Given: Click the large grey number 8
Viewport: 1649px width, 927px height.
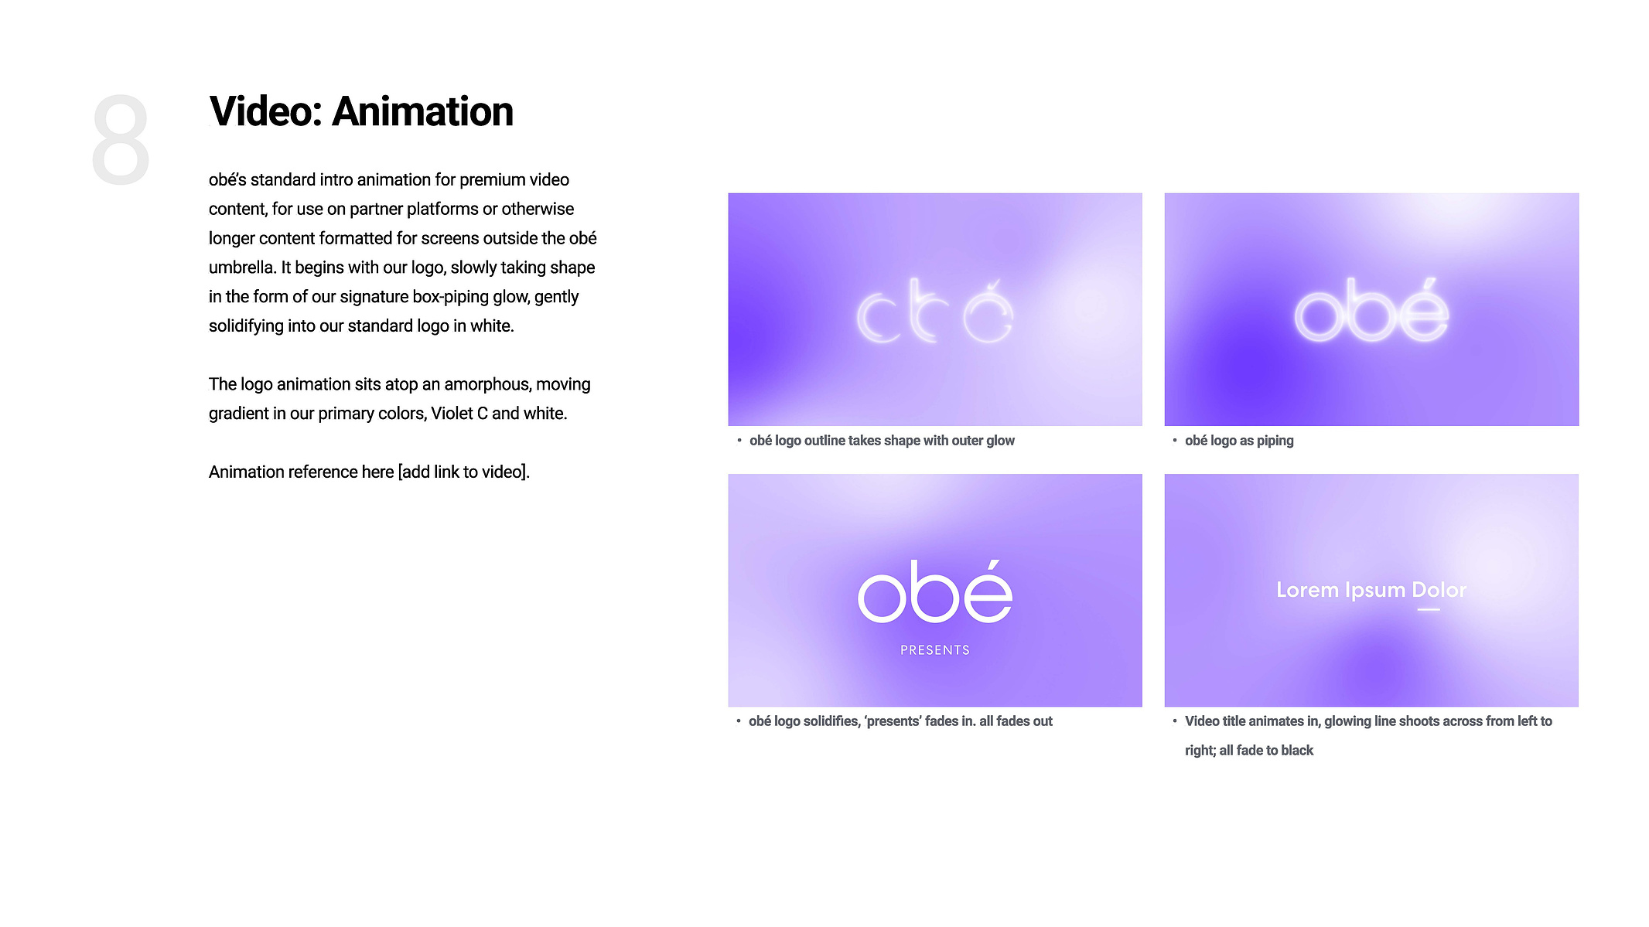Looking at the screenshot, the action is point(120,140).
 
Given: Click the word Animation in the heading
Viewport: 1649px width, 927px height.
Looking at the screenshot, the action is point(422,111).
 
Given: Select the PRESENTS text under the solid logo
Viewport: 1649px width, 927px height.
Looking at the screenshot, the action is point(935,650).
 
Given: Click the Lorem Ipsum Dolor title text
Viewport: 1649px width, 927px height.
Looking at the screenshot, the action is point(1371,590).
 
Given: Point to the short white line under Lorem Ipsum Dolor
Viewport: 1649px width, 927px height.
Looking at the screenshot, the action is point(1429,609).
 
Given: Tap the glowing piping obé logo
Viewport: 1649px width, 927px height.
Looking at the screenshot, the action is point(1371,311).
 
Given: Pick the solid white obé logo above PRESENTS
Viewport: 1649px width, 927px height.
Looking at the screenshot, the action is point(935,591).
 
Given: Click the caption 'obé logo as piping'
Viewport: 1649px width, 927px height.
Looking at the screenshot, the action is point(1239,441).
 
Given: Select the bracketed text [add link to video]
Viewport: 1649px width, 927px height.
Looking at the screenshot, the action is point(463,472).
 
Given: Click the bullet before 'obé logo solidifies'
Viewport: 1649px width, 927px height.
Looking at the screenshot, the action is point(739,721).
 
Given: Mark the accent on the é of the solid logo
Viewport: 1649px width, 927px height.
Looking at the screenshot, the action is point(993,566).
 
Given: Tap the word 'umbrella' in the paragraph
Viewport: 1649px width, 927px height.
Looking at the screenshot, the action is point(242,268).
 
